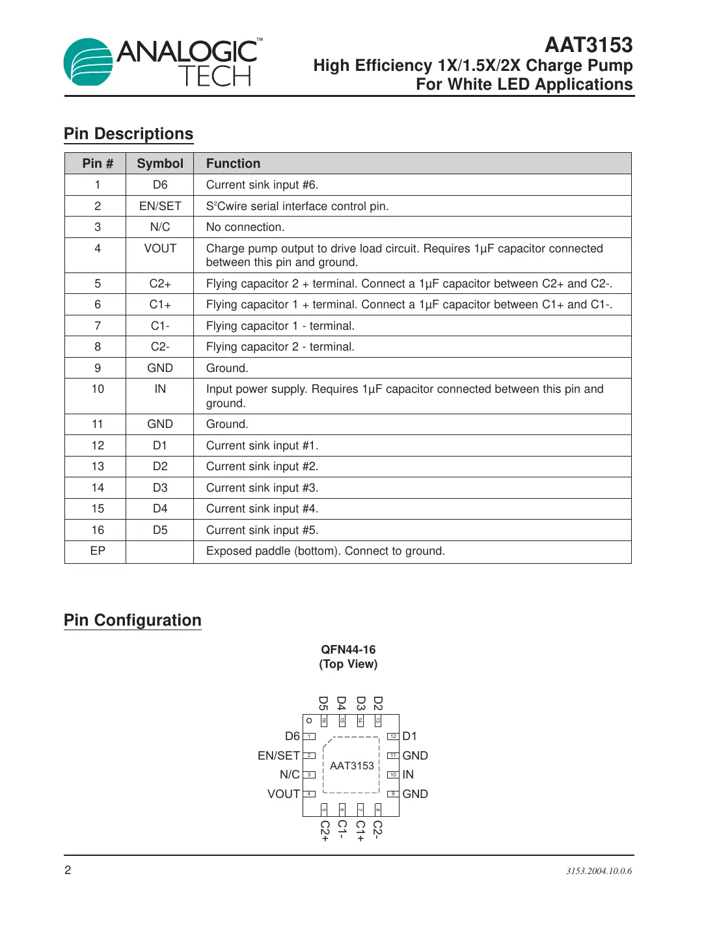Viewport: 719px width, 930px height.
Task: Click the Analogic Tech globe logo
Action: coord(88,62)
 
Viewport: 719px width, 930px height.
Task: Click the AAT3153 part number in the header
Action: coord(588,45)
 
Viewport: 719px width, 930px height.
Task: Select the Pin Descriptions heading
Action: coord(128,134)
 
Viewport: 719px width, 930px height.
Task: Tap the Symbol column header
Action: coord(160,164)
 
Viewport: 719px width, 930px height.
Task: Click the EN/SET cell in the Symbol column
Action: coord(160,206)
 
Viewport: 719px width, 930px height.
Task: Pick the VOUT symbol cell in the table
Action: coord(160,248)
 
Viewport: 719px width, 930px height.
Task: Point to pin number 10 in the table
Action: coord(98,389)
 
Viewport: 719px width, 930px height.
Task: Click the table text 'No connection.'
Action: coord(245,227)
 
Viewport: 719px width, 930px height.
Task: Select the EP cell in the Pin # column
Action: coord(98,551)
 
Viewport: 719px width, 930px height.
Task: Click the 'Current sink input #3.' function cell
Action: coord(262,488)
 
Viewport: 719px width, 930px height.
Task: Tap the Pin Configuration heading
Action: coord(133,620)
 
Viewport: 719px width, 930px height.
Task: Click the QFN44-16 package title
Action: coord(348,650)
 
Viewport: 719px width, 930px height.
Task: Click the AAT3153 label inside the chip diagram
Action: coord(352,766)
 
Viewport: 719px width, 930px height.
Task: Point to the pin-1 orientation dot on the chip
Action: coord(309,721)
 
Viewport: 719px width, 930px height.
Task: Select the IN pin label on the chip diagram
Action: coord(408,775)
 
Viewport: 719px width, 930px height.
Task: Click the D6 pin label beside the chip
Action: coord(292,736)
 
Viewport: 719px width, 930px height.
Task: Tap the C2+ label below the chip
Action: coord(325,830)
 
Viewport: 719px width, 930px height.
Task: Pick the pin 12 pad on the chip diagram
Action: coord(393,736)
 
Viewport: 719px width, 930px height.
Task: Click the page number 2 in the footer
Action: coord(68,870)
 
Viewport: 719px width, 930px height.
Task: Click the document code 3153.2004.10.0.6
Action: coord(599,871)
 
